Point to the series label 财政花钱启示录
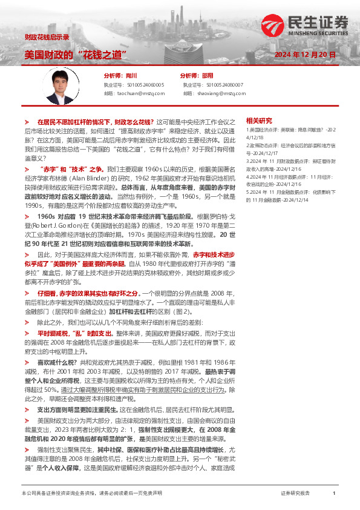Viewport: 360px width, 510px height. pyautogui.click(x=47, y=37)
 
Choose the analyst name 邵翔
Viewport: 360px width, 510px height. pyautogui.click(x=208, y=76)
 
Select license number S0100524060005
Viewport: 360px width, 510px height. pyautogui.click(x=142, y=85)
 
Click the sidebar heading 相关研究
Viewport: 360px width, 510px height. pyautogui.click(x=259, y=121)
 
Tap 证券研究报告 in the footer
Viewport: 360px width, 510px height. pyautogui.click(x=295, y=494)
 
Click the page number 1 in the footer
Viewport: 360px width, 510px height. pyautogui.click(x=334, y=494)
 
